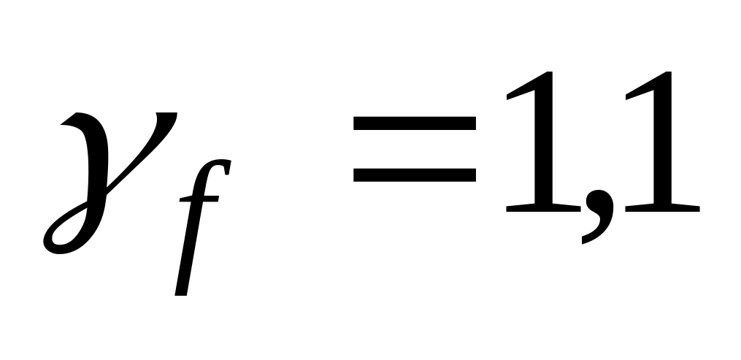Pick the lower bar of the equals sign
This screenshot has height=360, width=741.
tap(414, 175)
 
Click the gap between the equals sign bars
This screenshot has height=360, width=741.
tap(414, 150)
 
